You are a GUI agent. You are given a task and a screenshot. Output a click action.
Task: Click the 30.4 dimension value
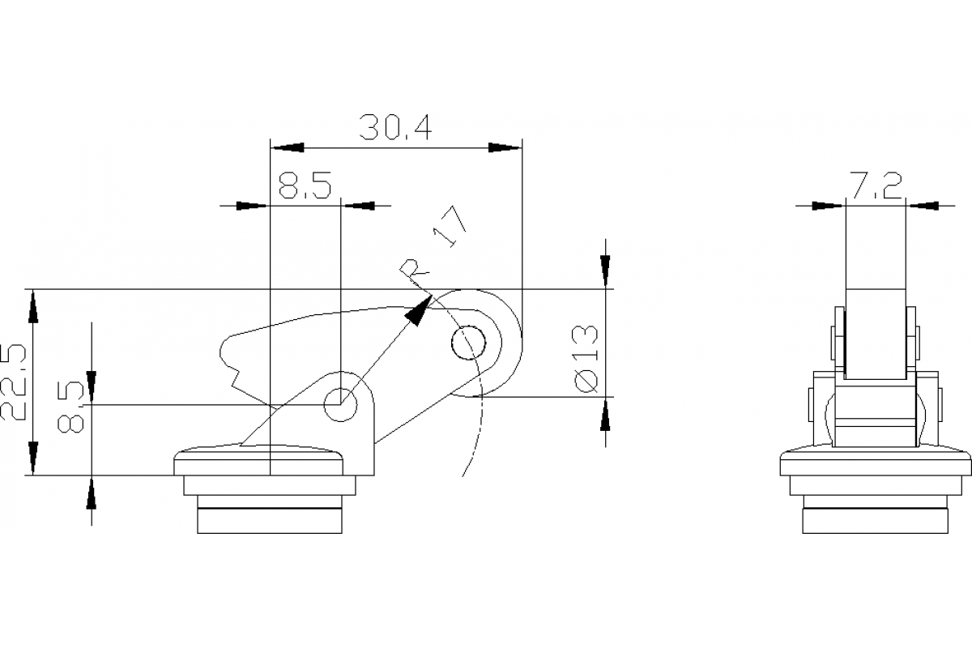coord(395,127)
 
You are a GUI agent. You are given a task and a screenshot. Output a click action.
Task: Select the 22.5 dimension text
coord(14,382)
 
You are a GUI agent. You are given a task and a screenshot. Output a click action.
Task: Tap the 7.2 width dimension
coord(876,185)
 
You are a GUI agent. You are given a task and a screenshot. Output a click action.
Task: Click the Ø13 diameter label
coord(586,359)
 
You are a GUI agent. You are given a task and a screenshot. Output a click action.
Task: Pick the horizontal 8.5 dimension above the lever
coord(305,185)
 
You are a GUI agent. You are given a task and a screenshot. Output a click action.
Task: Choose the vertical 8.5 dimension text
coord(70,407)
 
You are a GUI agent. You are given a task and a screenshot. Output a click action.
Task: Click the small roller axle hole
coord(469,343)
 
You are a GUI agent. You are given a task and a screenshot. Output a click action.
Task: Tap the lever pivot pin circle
coord(341,404)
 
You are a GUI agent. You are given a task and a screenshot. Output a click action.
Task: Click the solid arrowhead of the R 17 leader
coord(418,310)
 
